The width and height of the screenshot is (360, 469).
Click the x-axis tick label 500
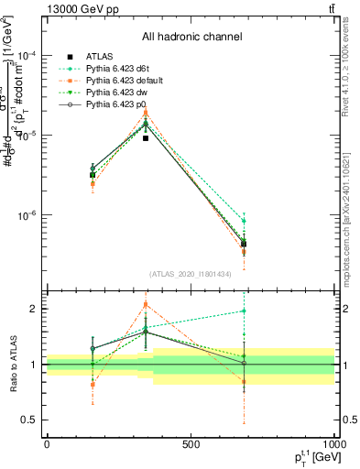[x=191, y=445]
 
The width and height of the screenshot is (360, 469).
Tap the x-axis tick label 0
[x=47, y=445]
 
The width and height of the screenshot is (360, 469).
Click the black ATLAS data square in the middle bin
[x=146, y=138]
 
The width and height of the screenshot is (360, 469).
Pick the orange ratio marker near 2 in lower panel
[x=146, y=304]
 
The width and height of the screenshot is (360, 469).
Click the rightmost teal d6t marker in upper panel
[x=244, y=221]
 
